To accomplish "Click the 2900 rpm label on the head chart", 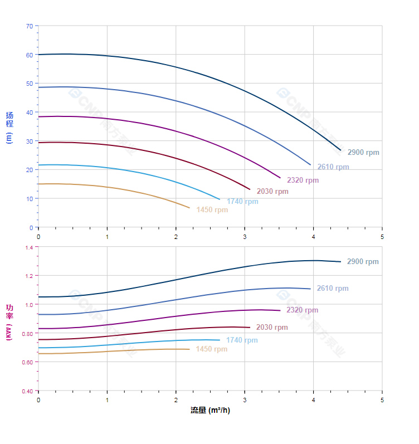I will (x=363, y=153).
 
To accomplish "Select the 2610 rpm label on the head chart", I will (x=333, y=167).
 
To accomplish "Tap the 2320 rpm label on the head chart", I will (x=303, y=180).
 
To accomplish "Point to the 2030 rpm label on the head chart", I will (x=272, y=192).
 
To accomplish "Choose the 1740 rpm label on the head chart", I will (x=242, y=202).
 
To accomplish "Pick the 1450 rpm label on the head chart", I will (x=212, y=210).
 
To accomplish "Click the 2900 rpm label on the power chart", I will (x=363, y=262).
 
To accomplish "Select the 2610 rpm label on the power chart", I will (x=333, y=289).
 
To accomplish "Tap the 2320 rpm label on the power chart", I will (x=303, y=310).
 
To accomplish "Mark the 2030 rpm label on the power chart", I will (x=272, y=328).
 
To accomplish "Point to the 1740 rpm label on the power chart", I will (x=242, y=340).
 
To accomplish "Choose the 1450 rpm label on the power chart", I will (x=212, y=349).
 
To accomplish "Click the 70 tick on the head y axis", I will (x=29, y=26).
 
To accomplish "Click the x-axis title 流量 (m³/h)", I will (x=210, y=411).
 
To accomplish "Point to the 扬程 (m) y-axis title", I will (x=9, y=128).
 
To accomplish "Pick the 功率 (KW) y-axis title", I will (x=9, y=322).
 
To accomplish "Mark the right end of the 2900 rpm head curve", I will (x=340, y=150).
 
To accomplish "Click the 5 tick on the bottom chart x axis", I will (x=382, y=400).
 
